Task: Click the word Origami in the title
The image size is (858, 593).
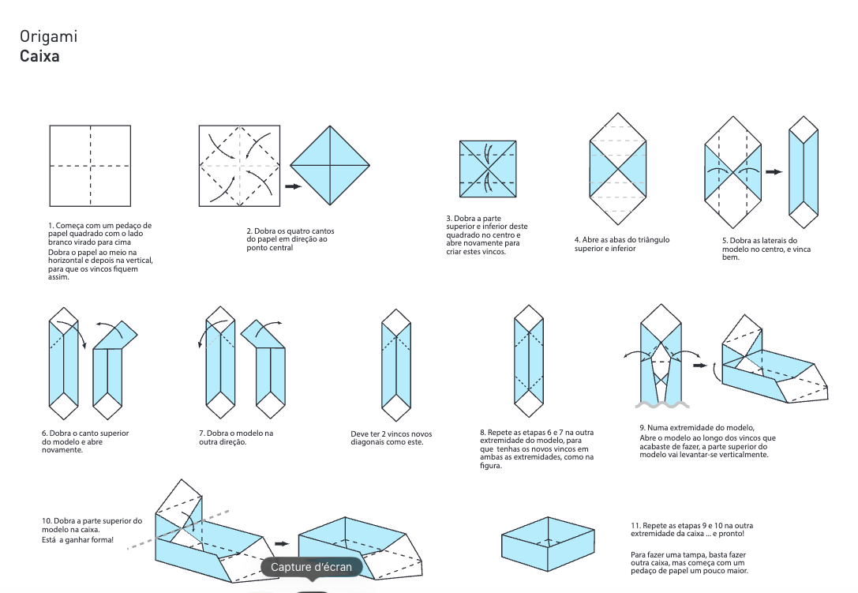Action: point(48,36)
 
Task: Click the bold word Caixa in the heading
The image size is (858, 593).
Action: point(39,57)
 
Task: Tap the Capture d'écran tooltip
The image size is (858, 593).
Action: point(312,567)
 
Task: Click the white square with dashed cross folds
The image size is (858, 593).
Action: point(90,166)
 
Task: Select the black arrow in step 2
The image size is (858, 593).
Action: point(293,186)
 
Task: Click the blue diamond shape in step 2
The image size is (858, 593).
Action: point(330,166)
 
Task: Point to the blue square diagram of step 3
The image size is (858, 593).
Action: point(488,169)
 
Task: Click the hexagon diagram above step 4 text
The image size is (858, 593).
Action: point(619,164)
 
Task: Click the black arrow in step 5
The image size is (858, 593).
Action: point(774,171)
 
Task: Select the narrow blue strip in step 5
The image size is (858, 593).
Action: point(804,172)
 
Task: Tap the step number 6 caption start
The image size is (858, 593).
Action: point(45,433)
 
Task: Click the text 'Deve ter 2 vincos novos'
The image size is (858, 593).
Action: point(391,433)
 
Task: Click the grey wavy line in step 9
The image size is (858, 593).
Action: point(660,405)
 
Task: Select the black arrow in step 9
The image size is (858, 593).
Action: point(699,366)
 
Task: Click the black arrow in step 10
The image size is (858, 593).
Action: point(281,543)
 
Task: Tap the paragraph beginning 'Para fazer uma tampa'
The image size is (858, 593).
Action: point(689,562)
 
